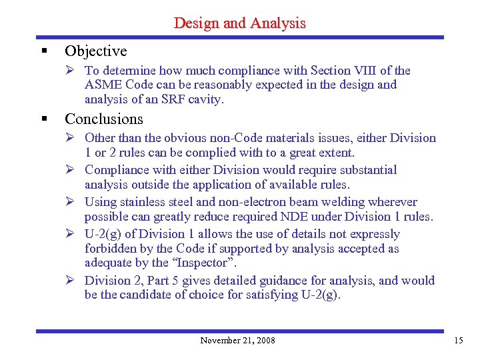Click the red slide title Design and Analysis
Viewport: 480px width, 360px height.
[239, 23]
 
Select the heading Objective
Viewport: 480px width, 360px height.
[95, 51]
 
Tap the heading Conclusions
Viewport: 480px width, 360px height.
[103, 119]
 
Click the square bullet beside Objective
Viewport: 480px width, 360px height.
[43, 51]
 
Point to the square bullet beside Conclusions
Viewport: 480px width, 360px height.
[43, 119]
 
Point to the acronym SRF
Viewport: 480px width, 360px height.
[164, 100]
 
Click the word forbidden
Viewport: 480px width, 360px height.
[111, 249]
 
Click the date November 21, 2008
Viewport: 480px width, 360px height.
[237, 341]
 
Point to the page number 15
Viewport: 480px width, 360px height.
[458, 341]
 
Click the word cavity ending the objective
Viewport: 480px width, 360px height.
[206, 100]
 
